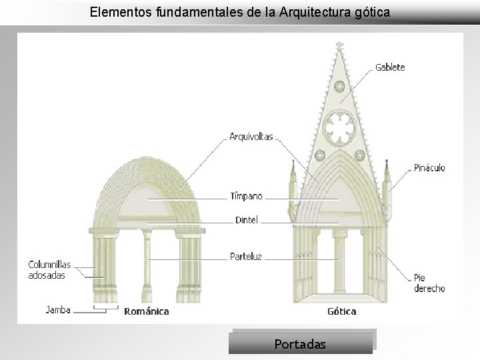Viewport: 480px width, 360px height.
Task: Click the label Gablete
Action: click(x=390, y=67)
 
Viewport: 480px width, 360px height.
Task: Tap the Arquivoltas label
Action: click(x=251, y=137)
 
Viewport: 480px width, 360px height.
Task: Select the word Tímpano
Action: click(x=246, y=197)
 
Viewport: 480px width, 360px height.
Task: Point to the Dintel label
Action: click(x=246, y=220)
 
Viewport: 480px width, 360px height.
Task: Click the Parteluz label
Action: click(x=246, y=256)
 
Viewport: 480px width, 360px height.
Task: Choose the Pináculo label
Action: click(x=429, y=168)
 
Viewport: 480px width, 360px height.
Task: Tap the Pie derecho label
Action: click(x=429, y=283)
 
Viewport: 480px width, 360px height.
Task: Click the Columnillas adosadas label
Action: click(x=49, y=270)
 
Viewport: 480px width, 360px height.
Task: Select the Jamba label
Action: click(x=57, y=309)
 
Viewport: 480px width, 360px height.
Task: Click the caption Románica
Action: click(x=147, y=311)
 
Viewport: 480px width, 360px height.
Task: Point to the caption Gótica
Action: click(x=341, y=311)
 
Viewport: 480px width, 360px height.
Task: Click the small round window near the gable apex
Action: click(x=339, y=87)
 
